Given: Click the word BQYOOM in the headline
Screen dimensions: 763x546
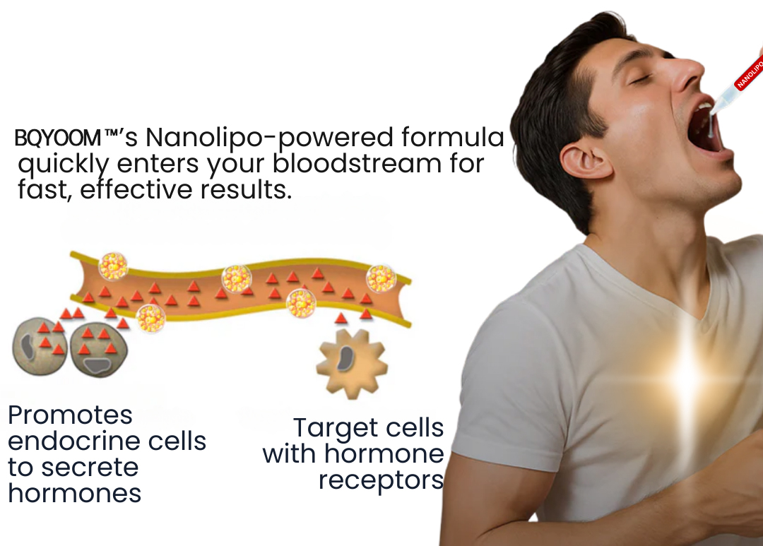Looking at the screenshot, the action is click(x=58, y=138).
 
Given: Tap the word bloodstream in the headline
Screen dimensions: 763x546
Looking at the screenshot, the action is click(x=357, y=163).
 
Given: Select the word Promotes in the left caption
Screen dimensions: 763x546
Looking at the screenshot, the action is click(x=70, y=415).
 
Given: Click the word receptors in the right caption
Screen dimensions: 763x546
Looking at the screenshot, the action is click(x=381, y=481).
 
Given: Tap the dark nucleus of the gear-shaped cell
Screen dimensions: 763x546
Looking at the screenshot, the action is click(x=346, y=358).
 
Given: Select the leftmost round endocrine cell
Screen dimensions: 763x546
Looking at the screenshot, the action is click(x=39, y=347).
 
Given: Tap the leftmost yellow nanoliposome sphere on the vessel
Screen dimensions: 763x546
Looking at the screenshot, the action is click(x=113, y=266).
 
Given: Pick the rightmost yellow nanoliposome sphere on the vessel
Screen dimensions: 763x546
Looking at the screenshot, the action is click(x=381, y=278).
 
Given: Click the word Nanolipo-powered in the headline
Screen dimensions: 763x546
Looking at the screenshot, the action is click(x=269, y=138).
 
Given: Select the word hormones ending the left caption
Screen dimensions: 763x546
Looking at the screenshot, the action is click(x=74, y=494).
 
